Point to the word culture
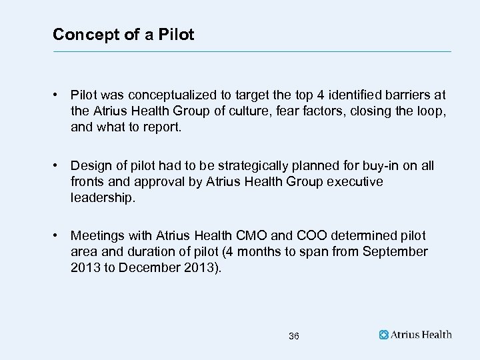click(248, 111)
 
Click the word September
click(395, 251)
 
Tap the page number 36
click(294, 336)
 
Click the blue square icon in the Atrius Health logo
click(384, 335)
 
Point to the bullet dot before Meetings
click(59, 235)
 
